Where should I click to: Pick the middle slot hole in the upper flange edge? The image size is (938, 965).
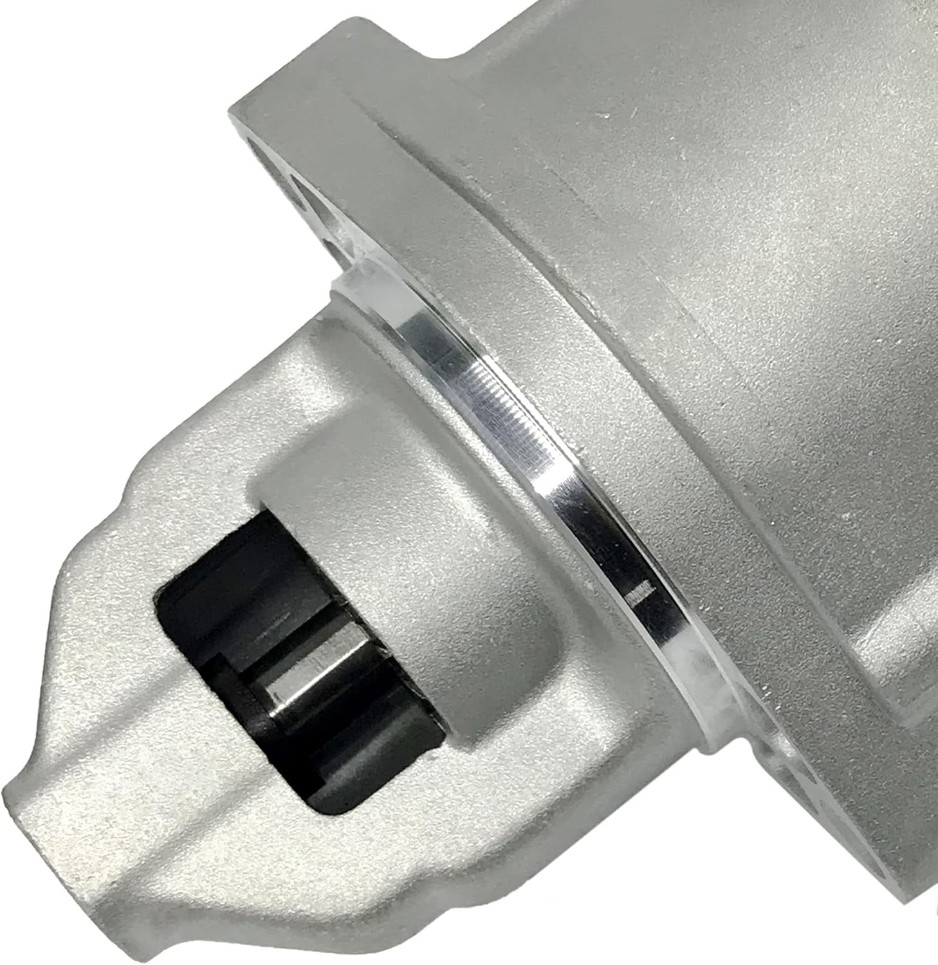coord(299,193)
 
